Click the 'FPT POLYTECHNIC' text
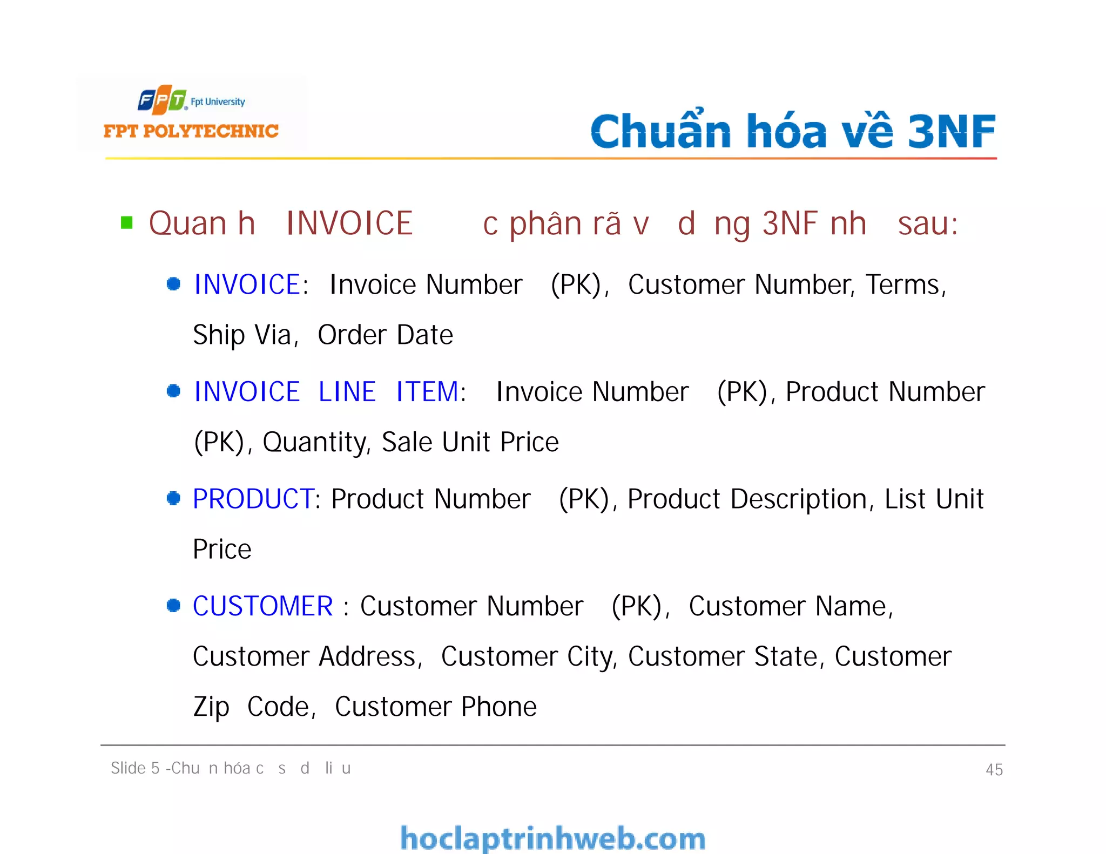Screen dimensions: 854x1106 pyautogui.click(x=191, y=131)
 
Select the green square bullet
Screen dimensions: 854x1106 pyautogui.click(x=127, y=222)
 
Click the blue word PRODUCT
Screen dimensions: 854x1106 pyautogui.click(x=253, y=499)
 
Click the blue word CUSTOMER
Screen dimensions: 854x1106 pyautogui.click(x=262, y=606)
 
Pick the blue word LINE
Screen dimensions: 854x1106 pyautogui.click(x=347, y=391)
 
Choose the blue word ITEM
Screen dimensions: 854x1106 pyautogui.click(x=427, y=391)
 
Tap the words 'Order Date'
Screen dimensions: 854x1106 pyautogui.click(x=385, y=335)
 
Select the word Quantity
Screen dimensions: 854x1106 pyautogui.click(x=315, y=442)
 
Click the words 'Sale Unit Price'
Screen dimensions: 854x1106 pyautogui.click(x=470, y=442)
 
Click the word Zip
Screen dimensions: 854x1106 pyautogui.click(x=211, y=707)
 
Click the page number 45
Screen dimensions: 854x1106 pyautogui.click(x=994, y=769)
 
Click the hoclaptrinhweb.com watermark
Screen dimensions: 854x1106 pyautogui.click(x=552, y=838)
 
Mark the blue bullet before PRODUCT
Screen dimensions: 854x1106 pyautogui.click(x=173, y=498)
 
